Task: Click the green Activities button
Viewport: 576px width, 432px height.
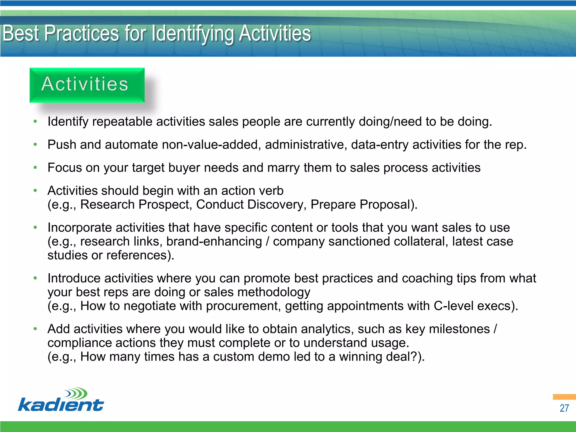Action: pyautogui.click(x=87, y=85)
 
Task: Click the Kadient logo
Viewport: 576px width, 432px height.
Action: pyautogui.click(x=61, y=400)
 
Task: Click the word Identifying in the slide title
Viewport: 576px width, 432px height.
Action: pyautogui.click(x=193, y=34)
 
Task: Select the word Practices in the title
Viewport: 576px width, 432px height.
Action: pyautogui.click(x=82, y=34)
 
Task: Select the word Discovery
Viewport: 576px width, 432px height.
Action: pyautogui.click(x=277, y=205)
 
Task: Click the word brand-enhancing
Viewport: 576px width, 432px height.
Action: pyautogui.click(x=214, y=242)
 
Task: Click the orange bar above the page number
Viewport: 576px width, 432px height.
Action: pyautogui.click(x=564, y=397)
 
